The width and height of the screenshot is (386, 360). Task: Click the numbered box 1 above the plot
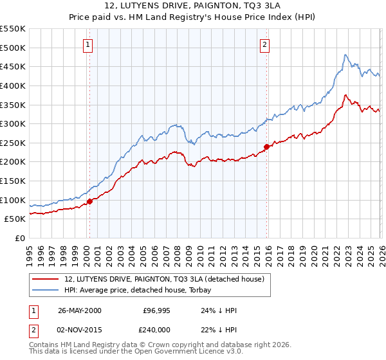tap(87, 44)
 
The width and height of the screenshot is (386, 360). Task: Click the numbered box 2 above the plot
tap(264, 44)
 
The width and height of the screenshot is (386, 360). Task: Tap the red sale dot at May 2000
tap(90, 201)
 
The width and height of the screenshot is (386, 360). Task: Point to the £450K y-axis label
tap(13, 67)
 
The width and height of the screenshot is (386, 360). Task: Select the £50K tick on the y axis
tap(15, 219)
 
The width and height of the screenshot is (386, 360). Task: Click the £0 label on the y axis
tap(20, 239)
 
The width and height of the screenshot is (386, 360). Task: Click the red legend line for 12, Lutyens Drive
tap(46, 280)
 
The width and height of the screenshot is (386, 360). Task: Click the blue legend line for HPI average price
tap(46, 291)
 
